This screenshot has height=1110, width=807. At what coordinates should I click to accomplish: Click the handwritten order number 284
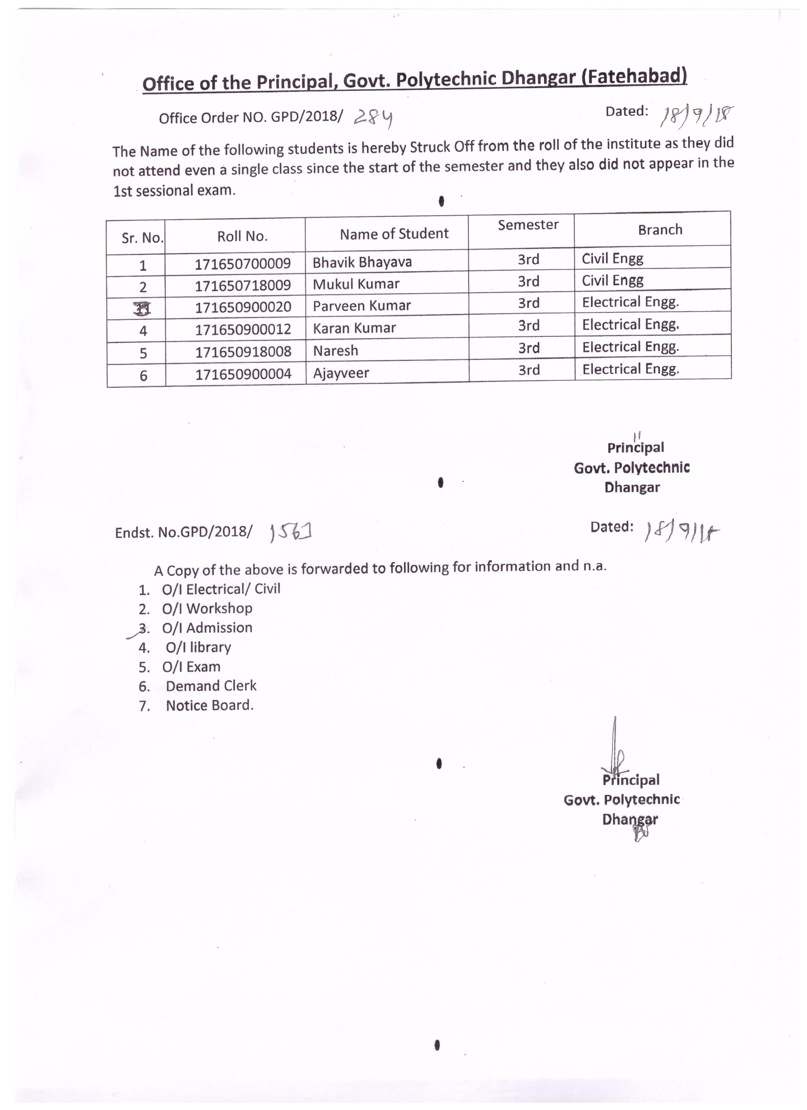[x=374, y=118]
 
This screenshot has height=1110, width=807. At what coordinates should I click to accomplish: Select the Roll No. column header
[x=242, y=237]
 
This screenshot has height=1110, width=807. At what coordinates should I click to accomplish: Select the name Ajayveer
[x=341, y=373]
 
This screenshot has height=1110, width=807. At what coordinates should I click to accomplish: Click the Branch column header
[x=660, y=230]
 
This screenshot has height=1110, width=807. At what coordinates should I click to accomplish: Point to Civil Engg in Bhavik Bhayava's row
[x=612, y=258]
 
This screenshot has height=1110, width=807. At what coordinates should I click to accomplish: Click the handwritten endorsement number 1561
[x=291, y=532]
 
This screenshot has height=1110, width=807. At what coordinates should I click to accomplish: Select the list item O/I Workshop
[x=207, y=608]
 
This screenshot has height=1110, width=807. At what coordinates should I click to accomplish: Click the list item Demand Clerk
[x=211, y=686]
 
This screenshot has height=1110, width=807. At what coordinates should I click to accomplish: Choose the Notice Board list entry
[x=209, y=705]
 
